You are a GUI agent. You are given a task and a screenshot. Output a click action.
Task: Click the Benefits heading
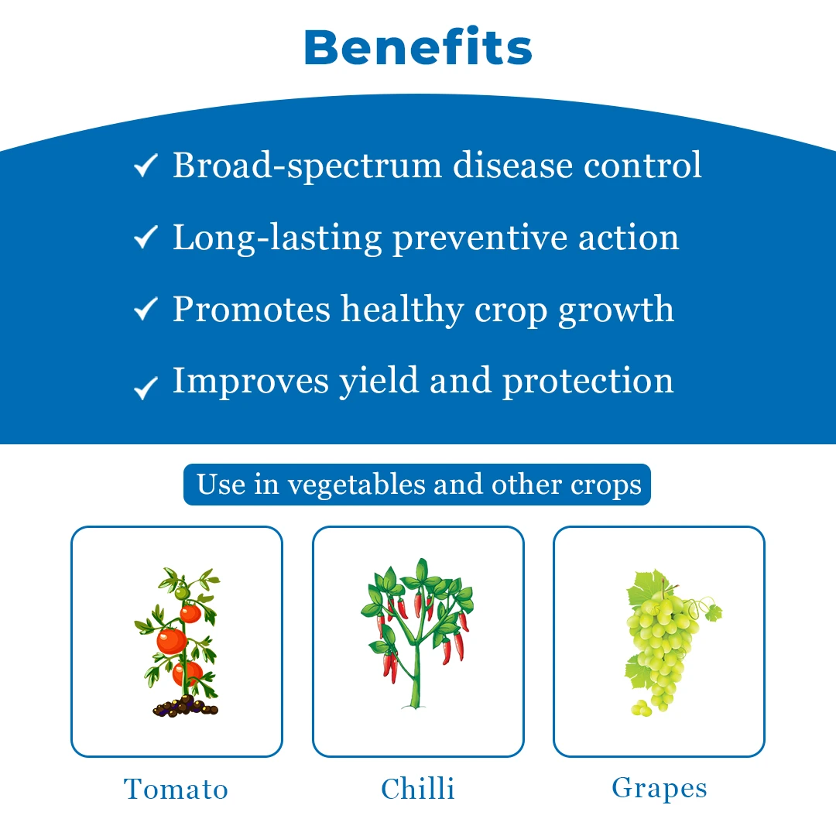coord(418,47)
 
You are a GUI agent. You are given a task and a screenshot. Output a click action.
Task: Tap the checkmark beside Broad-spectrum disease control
coord(146,165)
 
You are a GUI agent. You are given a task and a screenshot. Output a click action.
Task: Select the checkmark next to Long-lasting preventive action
coord(146,237)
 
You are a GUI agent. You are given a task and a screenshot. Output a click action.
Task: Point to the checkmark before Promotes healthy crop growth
coord(146,309)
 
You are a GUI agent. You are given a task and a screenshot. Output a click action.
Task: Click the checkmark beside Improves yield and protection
coord(146,388)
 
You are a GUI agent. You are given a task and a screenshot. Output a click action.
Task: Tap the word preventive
coord(481,238)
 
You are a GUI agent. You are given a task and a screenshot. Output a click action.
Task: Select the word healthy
coord(403,310)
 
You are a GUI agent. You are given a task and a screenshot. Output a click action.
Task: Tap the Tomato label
coord(176,789)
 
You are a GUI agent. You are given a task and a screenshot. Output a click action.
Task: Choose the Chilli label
coord(418,789)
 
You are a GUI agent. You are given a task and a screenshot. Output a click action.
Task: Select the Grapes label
coord(660,789)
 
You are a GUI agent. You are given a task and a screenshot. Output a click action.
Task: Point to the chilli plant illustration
coord(417,633)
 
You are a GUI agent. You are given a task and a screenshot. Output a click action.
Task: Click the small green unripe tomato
coord(183,593)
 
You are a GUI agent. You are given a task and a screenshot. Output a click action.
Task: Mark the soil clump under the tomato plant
coord(185,707)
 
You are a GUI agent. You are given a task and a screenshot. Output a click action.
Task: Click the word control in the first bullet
coord(643,166)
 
